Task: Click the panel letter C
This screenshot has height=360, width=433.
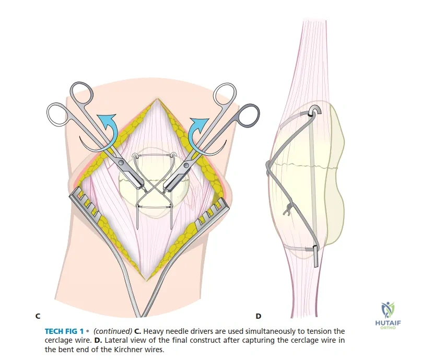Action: tap(38, 316)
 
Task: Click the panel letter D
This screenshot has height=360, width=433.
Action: tap(259, 316)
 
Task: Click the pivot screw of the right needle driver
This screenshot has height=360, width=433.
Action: tap(186, 165)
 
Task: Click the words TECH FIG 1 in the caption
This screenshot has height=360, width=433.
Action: tap(64, 331)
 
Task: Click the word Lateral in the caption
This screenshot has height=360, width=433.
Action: tap(114, 340)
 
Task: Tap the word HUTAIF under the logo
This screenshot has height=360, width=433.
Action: tap(388, 323)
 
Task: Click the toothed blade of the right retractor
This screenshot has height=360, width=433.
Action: tap(213, 212)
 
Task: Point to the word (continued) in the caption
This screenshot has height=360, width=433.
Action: tap(113, 331)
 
